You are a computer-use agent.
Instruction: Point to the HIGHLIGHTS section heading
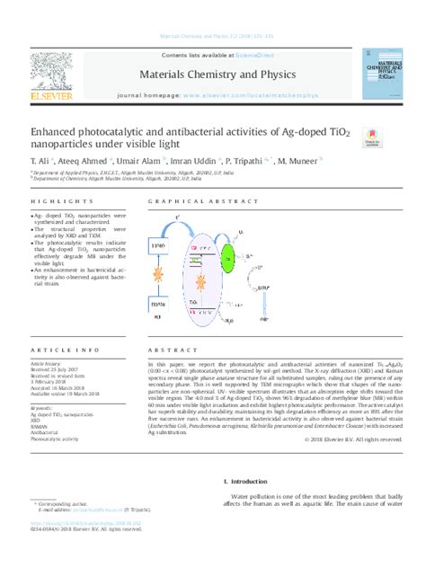pyautogui.click(x=57, y=202)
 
